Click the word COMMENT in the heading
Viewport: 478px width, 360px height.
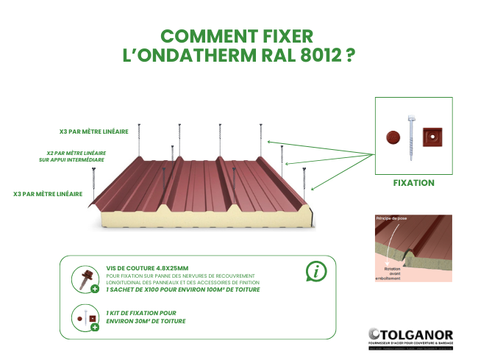(208, 37)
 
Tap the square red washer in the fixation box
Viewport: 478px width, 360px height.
(434, 137)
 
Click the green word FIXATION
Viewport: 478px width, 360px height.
(413, 183)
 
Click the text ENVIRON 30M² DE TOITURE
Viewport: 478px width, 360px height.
(145, 321)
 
